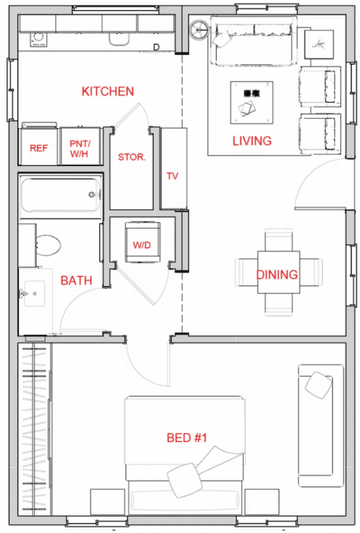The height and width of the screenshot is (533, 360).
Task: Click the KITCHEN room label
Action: click(x=107, y=91)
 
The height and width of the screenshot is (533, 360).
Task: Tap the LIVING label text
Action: click(x=251, y=141)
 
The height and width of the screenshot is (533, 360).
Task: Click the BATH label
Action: click(x=76, y=281)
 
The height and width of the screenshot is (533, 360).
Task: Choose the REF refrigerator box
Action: click(x=39, y=148)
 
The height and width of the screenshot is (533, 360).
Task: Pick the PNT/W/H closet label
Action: click(x=80, y=148)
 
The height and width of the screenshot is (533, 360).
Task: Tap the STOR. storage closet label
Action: click(x=132, y=157)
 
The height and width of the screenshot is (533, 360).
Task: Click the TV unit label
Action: click(x=172, y=176)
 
